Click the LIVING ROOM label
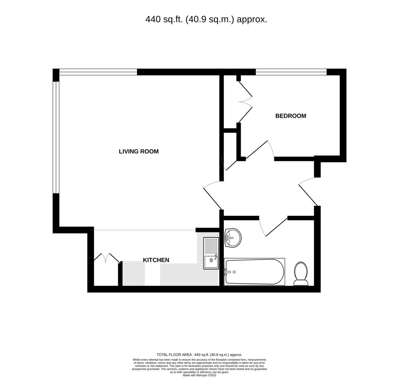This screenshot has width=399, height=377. [x=139, y=152]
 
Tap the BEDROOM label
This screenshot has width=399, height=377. [x=291, y=116]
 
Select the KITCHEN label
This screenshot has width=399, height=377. [x=156, y=260]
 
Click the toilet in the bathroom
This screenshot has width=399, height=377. [x=301, y=274]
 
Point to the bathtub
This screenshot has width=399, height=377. [x=254, y=272]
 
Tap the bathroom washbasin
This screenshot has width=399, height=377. [x=233, y=238]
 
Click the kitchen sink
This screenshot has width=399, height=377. [x=211, y=253]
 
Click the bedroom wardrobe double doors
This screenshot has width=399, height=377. [x=245, y=102]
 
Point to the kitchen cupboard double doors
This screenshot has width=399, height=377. [x=107, y=258]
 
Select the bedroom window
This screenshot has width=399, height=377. [x=291, y=72]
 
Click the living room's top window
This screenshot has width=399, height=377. [x=98, y=72]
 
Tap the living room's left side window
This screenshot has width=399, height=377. [x=56, y=137]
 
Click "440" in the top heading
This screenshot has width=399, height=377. [x=153, y=20]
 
